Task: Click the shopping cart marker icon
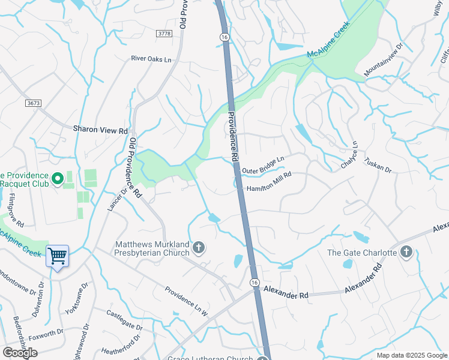58,257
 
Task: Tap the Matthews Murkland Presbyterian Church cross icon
199,247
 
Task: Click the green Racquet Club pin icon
58,178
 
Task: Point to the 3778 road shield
164,34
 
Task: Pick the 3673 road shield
34,103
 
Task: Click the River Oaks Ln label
151,59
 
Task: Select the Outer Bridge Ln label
263,164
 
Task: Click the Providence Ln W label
186,301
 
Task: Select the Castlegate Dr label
124,320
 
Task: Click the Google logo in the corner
20,353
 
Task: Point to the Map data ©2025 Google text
411,355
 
